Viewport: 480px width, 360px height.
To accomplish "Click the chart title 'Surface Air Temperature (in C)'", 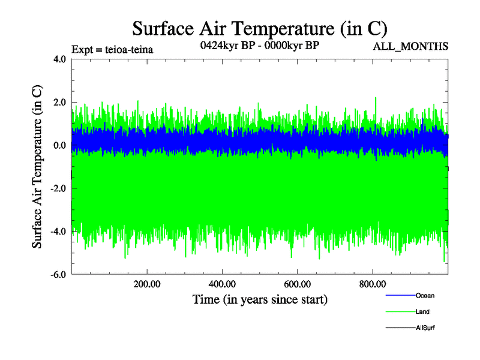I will coord(260,29).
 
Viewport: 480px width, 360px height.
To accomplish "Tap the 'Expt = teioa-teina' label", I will coord(112,50).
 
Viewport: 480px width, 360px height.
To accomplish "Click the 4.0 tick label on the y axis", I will coord(59,59).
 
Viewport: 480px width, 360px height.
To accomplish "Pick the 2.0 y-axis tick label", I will coord(59,103).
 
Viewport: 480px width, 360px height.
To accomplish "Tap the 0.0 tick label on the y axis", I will coord(59,146).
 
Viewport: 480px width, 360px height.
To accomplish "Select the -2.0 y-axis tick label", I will coord(58,188).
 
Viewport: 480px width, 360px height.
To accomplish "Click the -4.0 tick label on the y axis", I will coord(58,232).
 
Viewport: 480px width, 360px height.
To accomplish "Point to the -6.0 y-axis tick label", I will coord(58,275).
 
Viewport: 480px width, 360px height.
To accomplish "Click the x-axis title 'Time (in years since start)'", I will coord(260,299).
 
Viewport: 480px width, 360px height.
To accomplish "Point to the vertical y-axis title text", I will coord(37,167).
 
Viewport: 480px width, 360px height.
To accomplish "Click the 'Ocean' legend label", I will coord(425,296).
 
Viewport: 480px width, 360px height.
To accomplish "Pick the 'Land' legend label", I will coord(422,312).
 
